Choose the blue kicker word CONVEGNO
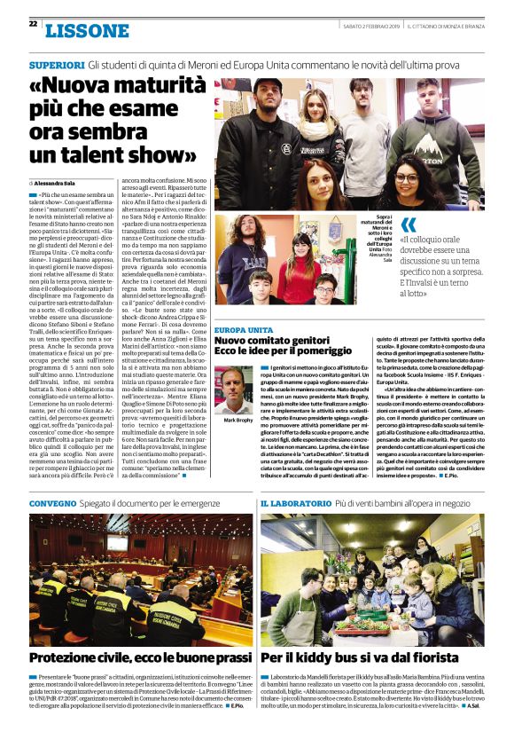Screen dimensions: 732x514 click(x=53, y=503)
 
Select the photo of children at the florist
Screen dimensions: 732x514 click(x=372, y=579)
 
